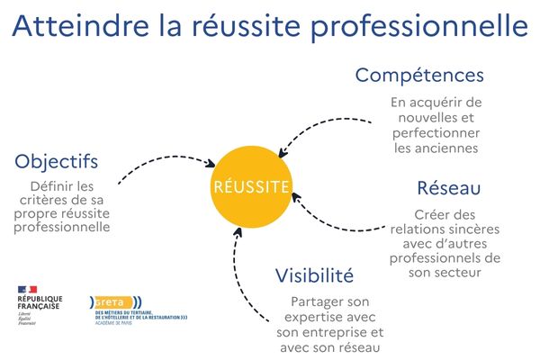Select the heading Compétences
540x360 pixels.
click(x=419, y=75)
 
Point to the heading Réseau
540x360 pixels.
click(x=448, y=189)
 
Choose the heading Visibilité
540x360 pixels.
click(x=314, y=275)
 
